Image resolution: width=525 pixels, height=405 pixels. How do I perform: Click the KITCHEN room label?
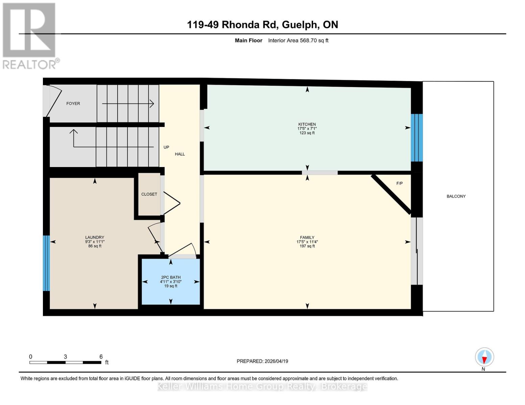(307, 124)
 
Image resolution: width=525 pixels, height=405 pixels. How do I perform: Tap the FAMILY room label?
(307, 237)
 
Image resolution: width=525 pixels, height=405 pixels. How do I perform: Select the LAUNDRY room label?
(95, 237)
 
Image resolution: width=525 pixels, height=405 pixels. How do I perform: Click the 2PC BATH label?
(171, 277)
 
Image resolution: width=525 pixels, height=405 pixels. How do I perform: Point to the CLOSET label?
(149, 194)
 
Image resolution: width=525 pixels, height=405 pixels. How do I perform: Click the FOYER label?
(73, 104)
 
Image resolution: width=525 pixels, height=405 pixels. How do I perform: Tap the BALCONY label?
(456, 196)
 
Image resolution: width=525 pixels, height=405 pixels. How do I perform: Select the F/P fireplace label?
(399, 183)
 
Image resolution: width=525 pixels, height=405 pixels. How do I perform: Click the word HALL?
(180, 154)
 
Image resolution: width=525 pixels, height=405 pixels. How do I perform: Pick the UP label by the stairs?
(166, 147)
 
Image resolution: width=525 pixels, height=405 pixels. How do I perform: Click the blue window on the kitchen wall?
(416, 138)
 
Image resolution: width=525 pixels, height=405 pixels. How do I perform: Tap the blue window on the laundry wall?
(46, 263)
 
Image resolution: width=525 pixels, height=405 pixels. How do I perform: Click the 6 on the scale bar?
(101, 357)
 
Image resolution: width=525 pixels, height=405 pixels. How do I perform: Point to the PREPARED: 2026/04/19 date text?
(262, 361)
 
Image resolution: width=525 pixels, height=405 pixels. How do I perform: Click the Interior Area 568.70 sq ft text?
(298, 40)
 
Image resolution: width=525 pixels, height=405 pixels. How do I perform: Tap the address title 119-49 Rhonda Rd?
(262, 25)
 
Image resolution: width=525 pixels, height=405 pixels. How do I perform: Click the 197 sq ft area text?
(307, 246)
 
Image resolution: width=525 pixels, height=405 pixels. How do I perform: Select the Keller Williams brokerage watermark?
(262, 386)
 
